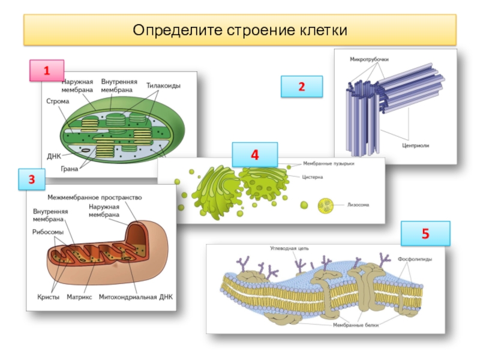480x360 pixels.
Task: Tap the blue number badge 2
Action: pos(302,87)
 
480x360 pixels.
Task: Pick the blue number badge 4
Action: pos(255,155)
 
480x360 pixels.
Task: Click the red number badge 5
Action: pos(425,233)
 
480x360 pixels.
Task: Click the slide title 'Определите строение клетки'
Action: pos(240,30)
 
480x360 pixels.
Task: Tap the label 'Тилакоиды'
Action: pos(163,86)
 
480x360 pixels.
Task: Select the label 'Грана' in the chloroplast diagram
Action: pos(70,169)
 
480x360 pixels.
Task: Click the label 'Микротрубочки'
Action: pos(370,60)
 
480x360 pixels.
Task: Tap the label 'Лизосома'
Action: pos(358,205)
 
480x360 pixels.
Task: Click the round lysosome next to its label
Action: pos(326,206)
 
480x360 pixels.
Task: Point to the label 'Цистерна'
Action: pos(313,177)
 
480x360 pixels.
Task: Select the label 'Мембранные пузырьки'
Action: pos(328,163)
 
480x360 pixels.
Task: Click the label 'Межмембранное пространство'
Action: pos(94,197)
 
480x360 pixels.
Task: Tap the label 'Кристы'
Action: pos(46,297)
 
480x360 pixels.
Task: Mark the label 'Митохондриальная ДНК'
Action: pos(136,297)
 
